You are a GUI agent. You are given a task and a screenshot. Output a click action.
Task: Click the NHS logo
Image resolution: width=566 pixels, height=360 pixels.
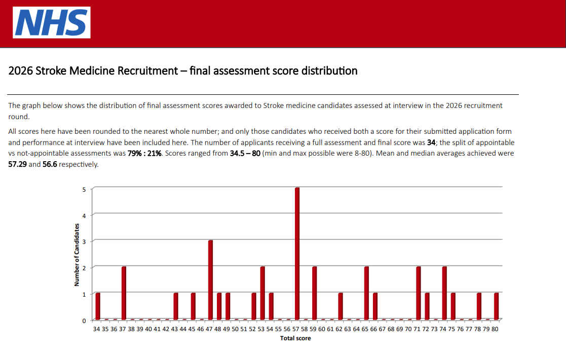(52, 22)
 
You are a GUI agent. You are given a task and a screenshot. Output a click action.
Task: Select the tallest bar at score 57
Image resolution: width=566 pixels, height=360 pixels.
(297, 254)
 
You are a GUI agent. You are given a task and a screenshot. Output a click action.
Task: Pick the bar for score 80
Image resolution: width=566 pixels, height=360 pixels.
(496, 306)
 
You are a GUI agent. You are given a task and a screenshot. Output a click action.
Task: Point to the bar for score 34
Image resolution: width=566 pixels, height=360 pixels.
(98, 306)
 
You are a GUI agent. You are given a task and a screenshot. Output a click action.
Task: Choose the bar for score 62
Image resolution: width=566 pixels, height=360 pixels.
(341, 306)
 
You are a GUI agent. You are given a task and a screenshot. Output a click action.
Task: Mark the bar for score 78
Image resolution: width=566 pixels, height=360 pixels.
(479, 306)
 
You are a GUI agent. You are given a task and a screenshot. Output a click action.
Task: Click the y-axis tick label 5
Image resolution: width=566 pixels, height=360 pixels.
(84, 190)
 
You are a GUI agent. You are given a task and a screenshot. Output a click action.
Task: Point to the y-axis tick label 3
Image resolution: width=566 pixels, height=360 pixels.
(84, 242)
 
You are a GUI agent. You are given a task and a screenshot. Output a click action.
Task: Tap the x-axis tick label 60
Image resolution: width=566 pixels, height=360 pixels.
(322, 329)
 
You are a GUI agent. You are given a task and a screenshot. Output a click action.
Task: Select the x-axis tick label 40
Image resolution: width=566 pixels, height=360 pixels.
(148, 329)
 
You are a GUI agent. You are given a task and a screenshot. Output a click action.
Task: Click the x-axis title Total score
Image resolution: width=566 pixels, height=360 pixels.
(295, 338)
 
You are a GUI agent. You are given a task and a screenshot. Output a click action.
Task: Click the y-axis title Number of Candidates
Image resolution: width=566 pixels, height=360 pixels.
(77, 255)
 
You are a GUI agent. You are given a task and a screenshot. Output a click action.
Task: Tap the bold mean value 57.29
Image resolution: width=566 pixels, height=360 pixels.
(18, 165)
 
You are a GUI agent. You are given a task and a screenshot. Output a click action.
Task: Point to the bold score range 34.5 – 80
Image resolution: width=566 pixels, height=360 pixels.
(245, 153)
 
